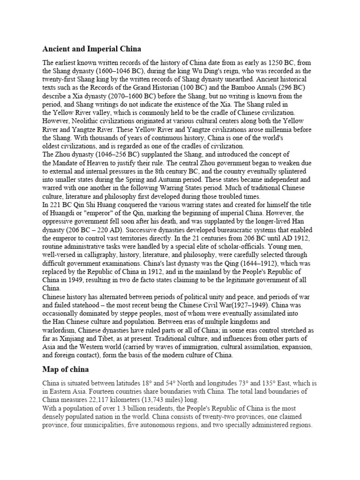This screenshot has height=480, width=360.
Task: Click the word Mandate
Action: (x=68, y=163)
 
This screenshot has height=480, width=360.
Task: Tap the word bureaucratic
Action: (x=246, y=230)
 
